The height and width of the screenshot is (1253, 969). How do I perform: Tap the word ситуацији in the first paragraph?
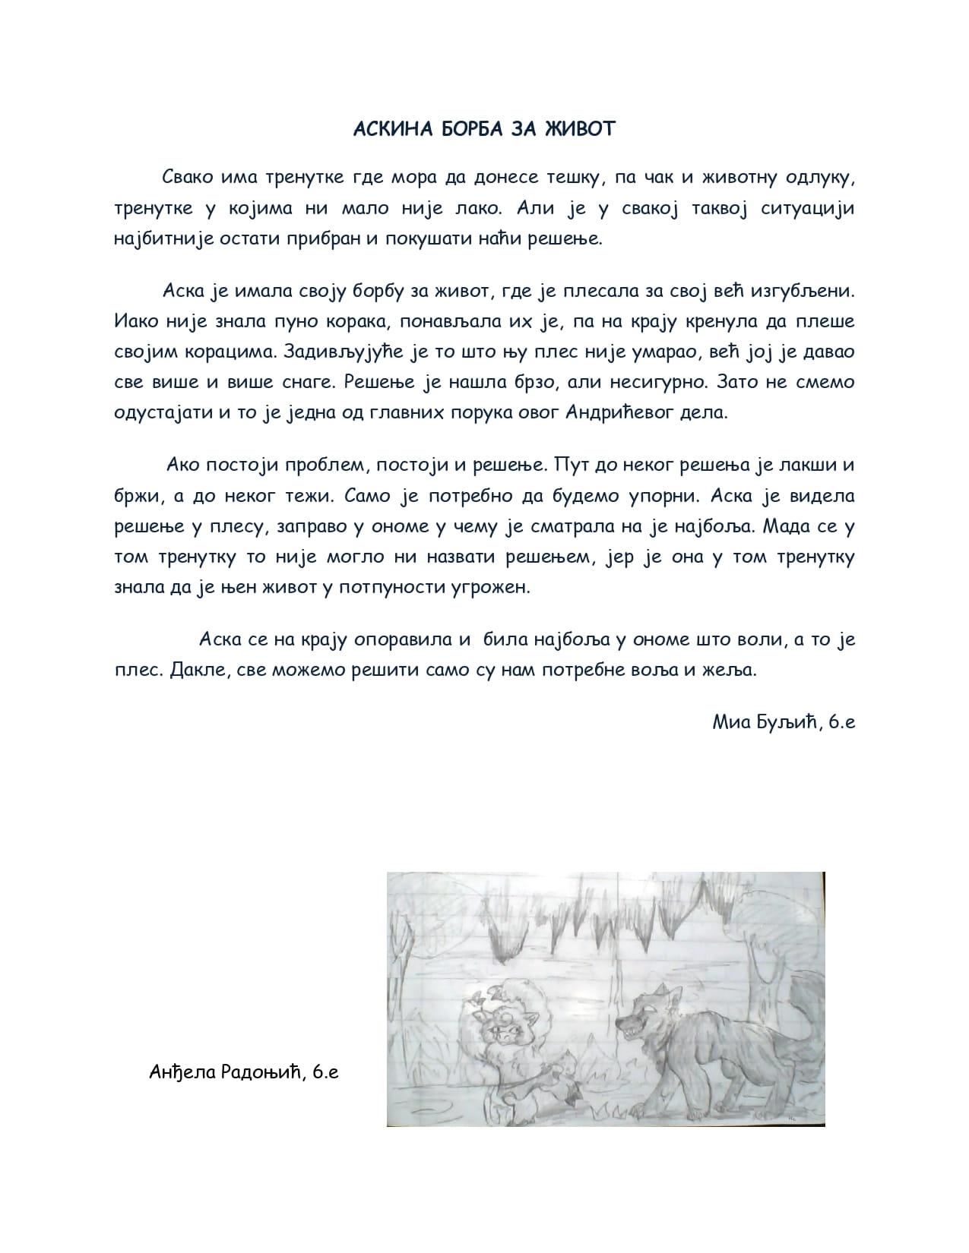(807, 209)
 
